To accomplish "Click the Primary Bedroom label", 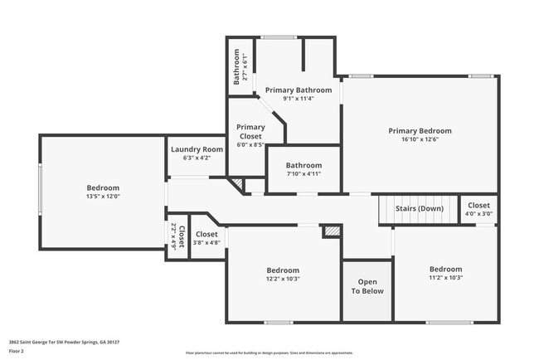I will click(420, 130).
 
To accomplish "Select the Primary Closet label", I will click(250, 133).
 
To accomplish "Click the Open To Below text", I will click(367, 286).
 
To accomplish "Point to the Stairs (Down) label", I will click(419, 208).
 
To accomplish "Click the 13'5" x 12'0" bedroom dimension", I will click(103, 197).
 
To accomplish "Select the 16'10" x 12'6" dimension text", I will click(420, 140).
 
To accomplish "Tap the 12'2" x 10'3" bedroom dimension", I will click(283, 279).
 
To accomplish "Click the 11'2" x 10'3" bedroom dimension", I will click(445, 278).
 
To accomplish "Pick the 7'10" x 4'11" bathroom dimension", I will click(303, 174).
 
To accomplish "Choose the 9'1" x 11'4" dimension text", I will click(298, 99).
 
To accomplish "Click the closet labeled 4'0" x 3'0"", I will click(478, 213).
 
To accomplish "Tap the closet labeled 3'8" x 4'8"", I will click(206, 243).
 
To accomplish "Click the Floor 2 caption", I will click(17, 352).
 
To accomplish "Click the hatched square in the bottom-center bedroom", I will click(332, 231).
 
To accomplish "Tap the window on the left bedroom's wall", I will click(39, 191).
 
